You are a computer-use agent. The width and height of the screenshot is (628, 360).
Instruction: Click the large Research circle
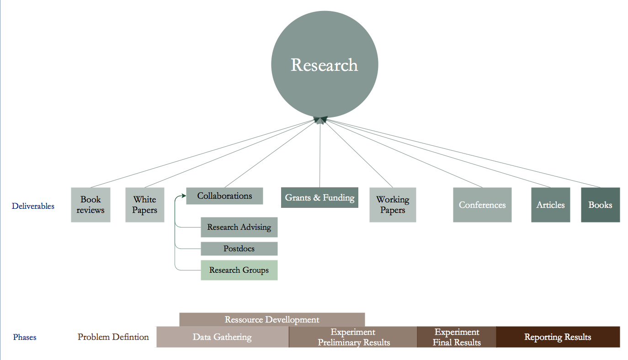pyautogui.click(x=325, y=64)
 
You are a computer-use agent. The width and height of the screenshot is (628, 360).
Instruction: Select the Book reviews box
pyautogui.click(x=90, y=205)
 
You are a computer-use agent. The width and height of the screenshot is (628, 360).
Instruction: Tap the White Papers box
pyautogui.click(x=145, y=205)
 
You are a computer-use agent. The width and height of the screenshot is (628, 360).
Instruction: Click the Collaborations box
pyautogui.click(x=224, y=196)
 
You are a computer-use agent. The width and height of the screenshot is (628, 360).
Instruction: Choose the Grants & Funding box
pyautogui.click(x=319, y=198)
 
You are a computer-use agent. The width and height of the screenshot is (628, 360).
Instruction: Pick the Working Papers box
pyautogui.click(x=393, y=205)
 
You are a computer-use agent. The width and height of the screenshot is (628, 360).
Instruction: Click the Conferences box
pyautogui.click(x=482, y=205)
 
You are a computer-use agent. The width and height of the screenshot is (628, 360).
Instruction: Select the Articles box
pyautogui.click(x=550, y=205)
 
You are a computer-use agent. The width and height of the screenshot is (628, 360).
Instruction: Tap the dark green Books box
pyautogui.click(x=600, y=205)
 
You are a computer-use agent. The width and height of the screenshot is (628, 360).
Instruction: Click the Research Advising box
pyautogui.click(x=239, y=227)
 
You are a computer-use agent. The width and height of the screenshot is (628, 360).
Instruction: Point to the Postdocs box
pyautogui.click(x=239, y=249)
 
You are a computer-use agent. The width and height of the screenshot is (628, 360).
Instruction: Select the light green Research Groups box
pyautogui.click(x=239, y=270)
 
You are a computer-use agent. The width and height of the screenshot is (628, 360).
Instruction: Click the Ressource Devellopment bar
pyautogui.click(x=272, y=319)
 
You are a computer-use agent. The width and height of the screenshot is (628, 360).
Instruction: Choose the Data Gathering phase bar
pyautogui.click(x=222, y=337)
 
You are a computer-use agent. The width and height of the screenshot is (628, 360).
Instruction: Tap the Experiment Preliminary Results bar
pyautogui.click(x=353, y=337)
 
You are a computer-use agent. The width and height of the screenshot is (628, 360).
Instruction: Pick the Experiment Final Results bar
pyautogui.click(x=457, y=337)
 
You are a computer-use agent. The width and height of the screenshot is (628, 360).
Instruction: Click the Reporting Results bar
pyautogui.click(x=558, y=337)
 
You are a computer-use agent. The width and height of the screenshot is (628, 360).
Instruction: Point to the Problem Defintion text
pyautogui.click(x=113, y=337)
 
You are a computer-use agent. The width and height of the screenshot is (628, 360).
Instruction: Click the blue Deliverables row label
pyautogui.click(x=33, y=206)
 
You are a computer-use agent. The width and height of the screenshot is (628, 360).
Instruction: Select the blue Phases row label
pyautogui.click(x=25, y=338)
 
